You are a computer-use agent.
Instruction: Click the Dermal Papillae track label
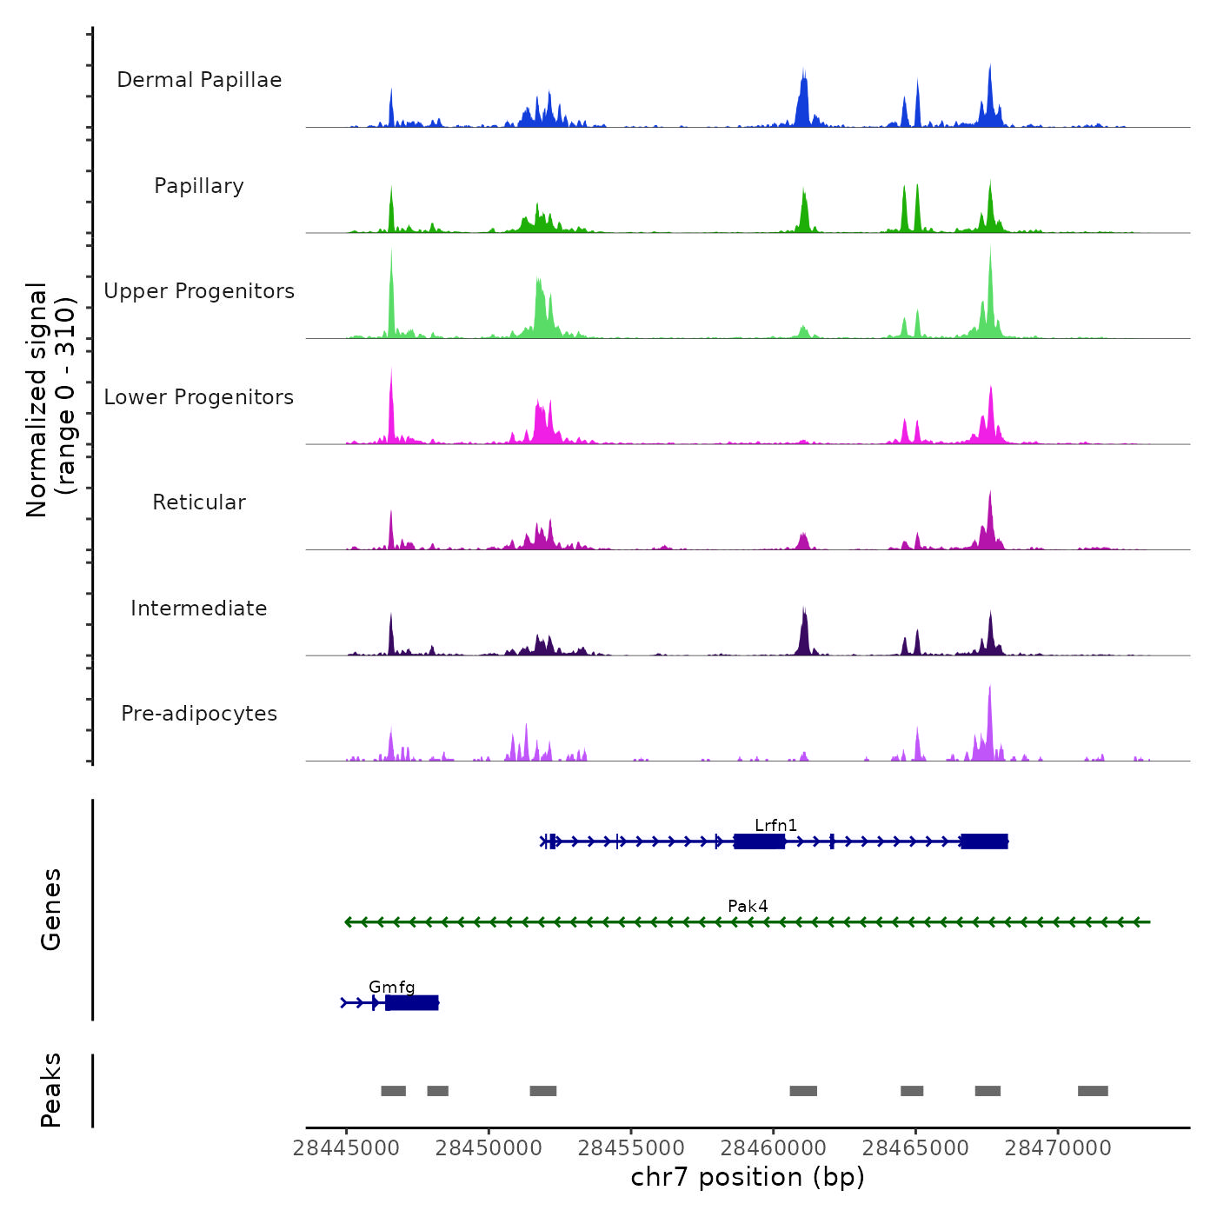199,80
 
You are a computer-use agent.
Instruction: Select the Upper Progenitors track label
199,291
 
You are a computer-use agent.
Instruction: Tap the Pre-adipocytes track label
199,714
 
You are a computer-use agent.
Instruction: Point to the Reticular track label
199,502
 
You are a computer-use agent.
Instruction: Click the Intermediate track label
199,608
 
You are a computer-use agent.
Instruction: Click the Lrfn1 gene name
775,825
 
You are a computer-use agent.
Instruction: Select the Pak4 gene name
748,906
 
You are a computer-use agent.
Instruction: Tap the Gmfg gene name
391,987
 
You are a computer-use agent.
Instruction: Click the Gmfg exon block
412,1003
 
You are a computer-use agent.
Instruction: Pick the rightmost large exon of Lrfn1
984,841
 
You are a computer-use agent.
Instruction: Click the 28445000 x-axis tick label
346,1148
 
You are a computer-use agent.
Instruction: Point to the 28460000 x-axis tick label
774,1148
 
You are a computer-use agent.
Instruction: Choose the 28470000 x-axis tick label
1058,1148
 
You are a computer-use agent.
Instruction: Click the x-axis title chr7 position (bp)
748,1178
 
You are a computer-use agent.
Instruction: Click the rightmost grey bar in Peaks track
1093,1091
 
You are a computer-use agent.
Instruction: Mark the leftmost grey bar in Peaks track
393,1091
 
